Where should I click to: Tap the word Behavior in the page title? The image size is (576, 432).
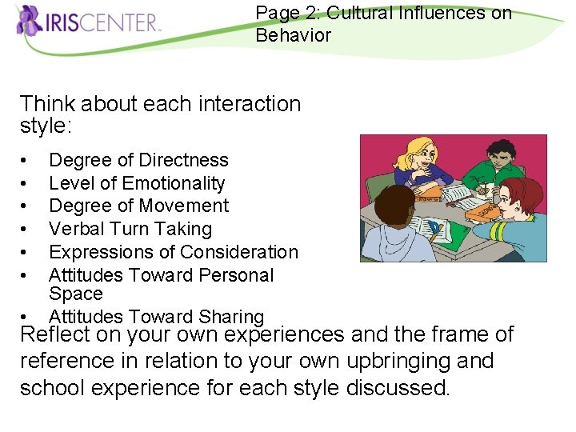(293, 35)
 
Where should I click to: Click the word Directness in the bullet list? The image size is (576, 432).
(183, 160)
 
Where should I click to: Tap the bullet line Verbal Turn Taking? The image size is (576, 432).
(130, 229)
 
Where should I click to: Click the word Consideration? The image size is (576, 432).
(238, 252)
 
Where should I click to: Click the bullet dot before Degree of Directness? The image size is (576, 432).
(27, 161)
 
